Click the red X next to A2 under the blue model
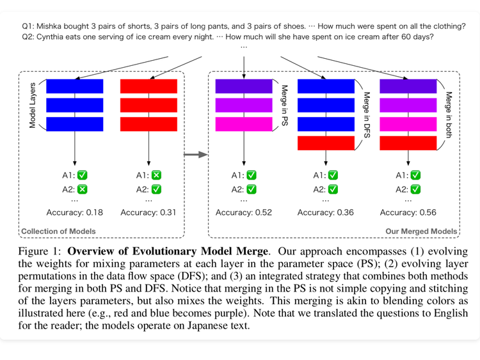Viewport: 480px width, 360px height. [83, 189]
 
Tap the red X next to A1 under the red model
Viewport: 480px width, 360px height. [157, 175]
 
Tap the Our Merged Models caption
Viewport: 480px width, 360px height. [421, 231]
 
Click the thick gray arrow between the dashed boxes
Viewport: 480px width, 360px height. [196, 154]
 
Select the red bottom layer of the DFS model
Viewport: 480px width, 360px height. [326, 143]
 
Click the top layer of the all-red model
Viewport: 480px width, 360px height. [148, 86]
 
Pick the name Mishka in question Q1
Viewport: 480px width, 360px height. [51, 26]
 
